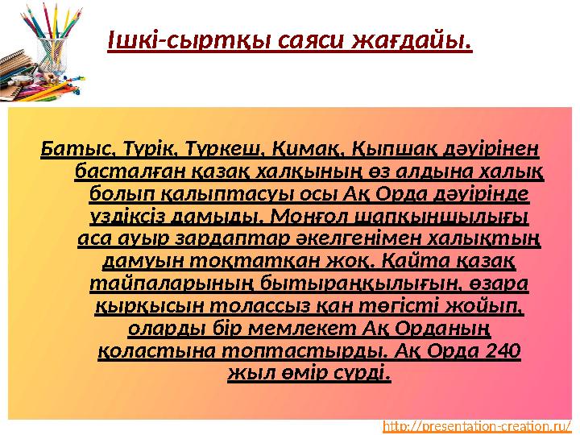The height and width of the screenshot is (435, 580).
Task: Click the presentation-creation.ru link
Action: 482,425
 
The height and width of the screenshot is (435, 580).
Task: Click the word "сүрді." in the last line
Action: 364,375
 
